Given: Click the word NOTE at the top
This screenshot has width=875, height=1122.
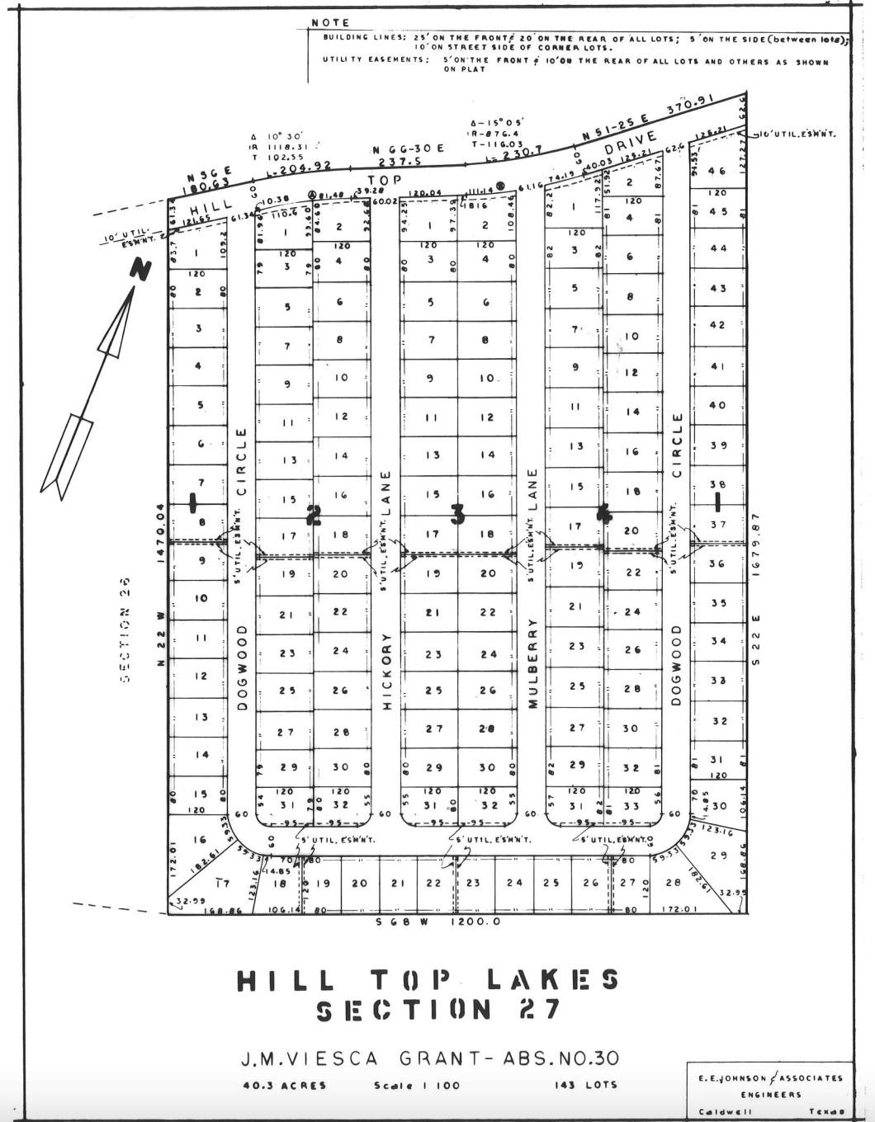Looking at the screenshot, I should (x=331, y=22).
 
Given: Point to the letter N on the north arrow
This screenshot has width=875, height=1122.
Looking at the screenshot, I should (x=142, y=269).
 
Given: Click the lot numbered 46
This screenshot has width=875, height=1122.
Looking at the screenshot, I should (x=717, y=171).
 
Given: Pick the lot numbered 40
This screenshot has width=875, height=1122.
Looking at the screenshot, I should (x=717, y=405).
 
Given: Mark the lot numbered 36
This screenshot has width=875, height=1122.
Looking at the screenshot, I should (x=717, y=563).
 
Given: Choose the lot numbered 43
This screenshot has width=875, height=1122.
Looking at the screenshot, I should (x=717, y=288).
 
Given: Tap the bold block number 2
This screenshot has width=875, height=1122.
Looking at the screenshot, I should (x=313, y=516).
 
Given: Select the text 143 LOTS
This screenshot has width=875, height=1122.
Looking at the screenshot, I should (x=585, y=1084).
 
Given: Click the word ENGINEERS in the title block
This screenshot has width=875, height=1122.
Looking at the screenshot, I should (x=769, y=1095).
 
